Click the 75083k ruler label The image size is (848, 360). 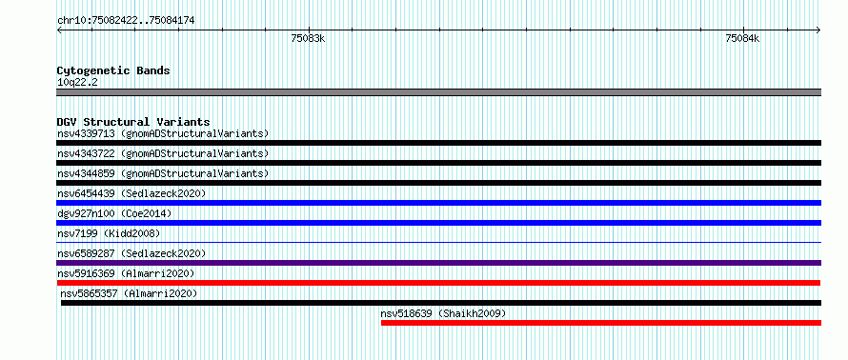[x=309, y=38]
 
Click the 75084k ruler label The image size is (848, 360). [x=742, y=38]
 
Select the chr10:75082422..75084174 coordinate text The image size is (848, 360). [x=126, y=21]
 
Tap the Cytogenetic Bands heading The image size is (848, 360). [x=113, y=70]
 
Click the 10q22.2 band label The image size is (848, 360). [x=77, y=82]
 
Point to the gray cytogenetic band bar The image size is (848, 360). [x=438, y=92]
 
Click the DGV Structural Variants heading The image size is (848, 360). [x=133, y=122]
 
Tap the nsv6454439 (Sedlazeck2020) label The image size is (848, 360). [x=131, y=193]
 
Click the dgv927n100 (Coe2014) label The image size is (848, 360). [x=114, y=213]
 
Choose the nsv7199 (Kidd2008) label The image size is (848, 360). [x=109, y=233]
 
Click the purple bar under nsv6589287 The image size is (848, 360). [x=438, y=263]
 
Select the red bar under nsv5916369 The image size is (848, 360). [x=438, y=283]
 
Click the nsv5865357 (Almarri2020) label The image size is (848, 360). [x=129, y=293]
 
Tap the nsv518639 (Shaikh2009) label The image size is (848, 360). [x=443, y=313]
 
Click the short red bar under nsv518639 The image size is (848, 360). [x=601, y=323]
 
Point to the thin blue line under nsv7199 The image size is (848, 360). [x=438, y=243]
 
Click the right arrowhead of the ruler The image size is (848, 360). [x=818, y=30]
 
